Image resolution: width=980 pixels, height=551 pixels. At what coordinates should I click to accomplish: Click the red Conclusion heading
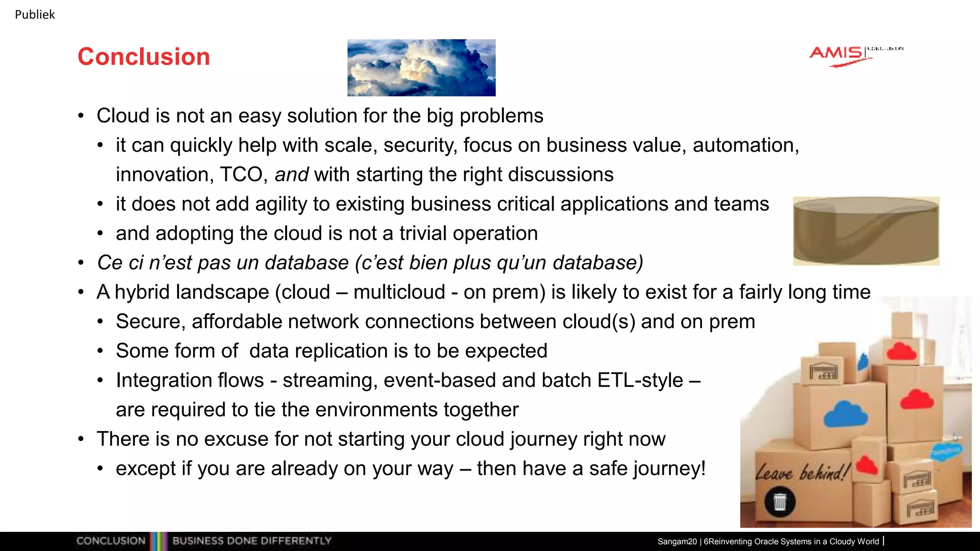pos(144,56)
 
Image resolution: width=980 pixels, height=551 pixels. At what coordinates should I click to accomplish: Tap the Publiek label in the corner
pos(35,15)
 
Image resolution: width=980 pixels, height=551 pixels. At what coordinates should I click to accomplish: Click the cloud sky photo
pos(421,67)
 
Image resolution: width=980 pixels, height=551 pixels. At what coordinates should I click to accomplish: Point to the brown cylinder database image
pos(866,231)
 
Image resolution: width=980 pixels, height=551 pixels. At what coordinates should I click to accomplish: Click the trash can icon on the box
pos(780,502)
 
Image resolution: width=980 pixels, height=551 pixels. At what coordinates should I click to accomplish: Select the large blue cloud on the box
pos(846,414)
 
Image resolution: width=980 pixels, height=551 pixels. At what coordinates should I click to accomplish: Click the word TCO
pos(241,175)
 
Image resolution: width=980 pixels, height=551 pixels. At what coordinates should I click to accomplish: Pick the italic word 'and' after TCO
pos(291,175)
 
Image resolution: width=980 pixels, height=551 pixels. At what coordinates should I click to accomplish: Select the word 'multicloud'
pos(399,292)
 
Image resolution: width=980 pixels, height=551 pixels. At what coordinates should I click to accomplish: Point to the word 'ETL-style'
pos(640,380)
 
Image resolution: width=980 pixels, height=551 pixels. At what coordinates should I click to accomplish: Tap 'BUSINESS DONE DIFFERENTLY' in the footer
pos(252,541)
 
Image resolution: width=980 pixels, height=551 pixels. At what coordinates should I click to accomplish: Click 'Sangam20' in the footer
pos(677,541)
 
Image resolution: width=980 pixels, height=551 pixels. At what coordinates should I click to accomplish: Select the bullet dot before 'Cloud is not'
pos(81,116)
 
